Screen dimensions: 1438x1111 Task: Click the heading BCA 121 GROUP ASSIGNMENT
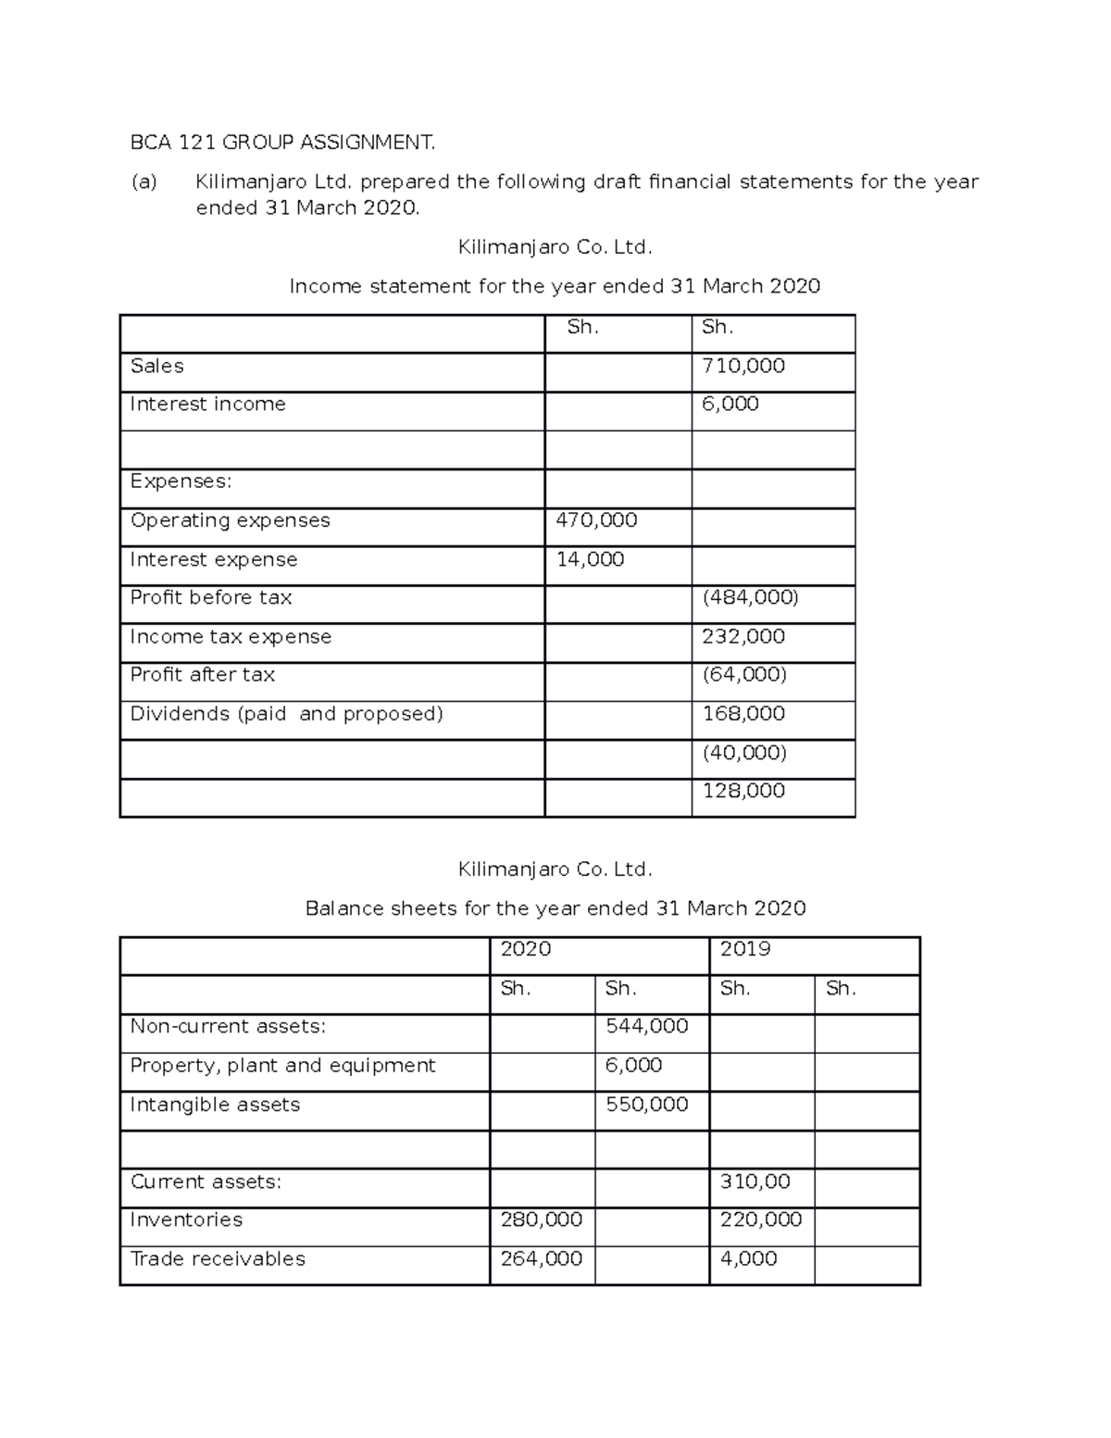tap(281, 142)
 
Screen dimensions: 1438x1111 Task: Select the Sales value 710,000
tap(743, 366)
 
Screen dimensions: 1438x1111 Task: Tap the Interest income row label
tap(207, 404)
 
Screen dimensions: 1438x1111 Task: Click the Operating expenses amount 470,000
tap(596, 520)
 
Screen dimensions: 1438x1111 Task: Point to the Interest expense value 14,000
tap(590, 559)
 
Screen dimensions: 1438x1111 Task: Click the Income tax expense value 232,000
tap(743, 636)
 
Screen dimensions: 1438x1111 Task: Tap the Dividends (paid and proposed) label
tap(286, 713)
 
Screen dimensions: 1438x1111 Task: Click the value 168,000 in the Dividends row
tap(743, 713)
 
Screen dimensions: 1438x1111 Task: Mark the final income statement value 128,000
tap(743, 790)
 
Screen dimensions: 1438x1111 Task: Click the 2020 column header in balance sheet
tap(525, 948)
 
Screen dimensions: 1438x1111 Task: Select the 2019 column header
tap(744, 948)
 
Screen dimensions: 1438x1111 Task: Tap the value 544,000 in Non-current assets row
tap(646, 1026)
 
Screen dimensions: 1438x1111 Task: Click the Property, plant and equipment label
tap(282, 1065)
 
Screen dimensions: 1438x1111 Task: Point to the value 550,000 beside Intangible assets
tap(646, 1104)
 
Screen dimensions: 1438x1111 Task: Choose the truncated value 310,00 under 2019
tap(755, 1182)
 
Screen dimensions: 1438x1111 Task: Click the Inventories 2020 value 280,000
tap(541, 1219)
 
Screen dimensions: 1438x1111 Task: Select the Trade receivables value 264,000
tap(541, 1258)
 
